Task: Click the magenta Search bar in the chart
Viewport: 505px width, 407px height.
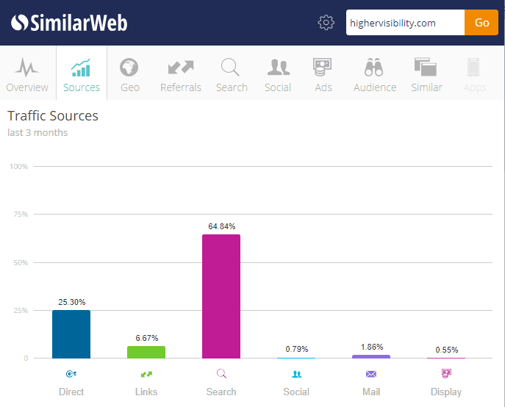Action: click(x=221, y=296)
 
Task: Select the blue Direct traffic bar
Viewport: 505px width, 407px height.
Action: click(x=71, y=334)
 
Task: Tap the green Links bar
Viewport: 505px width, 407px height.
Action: click(x=146, y=352)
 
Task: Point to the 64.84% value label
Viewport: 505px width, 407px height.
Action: click(x=222, y=226)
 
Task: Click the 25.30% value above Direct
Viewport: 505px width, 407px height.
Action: click(x=71, y=302)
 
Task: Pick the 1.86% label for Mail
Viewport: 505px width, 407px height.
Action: click(x=371, y=347)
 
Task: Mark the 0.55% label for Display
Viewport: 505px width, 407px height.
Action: click(x=446, y=350)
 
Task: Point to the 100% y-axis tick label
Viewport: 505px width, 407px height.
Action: click(x=18, y=167)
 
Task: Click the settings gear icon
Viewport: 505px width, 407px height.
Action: click(x=326, y=23)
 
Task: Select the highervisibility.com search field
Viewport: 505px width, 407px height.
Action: click(x=405, y=23)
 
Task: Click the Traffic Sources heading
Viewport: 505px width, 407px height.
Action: click(x=53, y=116)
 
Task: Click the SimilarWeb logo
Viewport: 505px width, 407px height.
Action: click(x=69, y=23)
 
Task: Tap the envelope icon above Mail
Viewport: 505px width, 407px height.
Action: click(x=371, y=374)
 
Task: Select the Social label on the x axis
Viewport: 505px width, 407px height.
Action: click(x=296, y=392)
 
